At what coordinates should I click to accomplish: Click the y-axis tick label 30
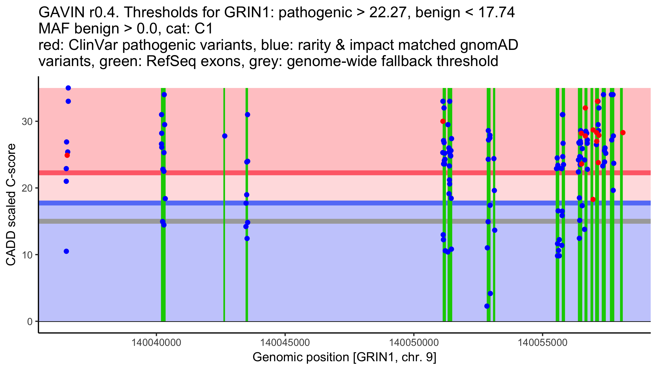tap(27, 121)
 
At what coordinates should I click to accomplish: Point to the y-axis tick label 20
tap(27, 188)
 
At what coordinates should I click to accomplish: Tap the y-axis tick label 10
tap(27, 255)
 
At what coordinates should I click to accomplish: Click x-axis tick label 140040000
tap(156, 343)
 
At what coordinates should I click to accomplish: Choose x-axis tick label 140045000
tap(285, 343)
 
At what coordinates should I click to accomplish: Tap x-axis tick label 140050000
tap(414, 343)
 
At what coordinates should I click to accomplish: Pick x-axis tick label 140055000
tap(542, 343)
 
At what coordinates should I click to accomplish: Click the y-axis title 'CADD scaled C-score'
tap(11, 205)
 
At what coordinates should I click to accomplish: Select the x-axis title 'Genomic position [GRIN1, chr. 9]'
tap(344, 357)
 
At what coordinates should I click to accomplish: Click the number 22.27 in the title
tap(387, 13)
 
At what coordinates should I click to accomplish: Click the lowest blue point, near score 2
tap(487, 306)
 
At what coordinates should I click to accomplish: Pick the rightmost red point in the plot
tap(623, 133)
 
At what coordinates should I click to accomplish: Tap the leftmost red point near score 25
tap(67, 155)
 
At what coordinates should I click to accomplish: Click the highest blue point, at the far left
tap(68, 88)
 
